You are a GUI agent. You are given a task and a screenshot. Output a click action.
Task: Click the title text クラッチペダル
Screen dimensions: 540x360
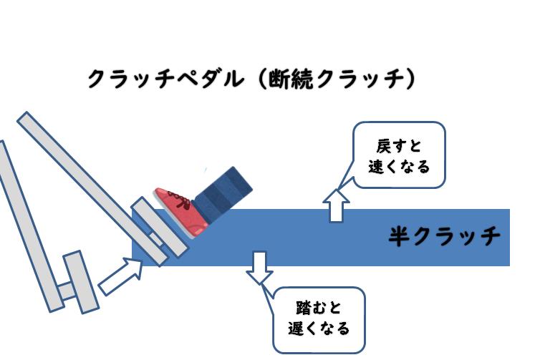click(166, 79)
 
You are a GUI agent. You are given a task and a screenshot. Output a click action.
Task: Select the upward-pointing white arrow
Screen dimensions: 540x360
click(336, 205)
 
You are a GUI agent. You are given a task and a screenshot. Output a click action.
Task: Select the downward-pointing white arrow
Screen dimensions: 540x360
click(260, 268)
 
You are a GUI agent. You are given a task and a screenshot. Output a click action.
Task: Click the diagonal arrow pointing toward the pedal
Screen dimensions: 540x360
click(121, 276)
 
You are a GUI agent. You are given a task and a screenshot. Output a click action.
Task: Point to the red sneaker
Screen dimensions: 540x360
click(181, 211)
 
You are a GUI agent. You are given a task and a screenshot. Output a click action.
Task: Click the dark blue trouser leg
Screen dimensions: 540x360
click(223, 194)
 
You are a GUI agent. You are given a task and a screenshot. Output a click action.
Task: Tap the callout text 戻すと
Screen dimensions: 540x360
click(399, 146)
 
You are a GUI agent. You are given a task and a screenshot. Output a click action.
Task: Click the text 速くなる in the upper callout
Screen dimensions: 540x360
click(399, 167)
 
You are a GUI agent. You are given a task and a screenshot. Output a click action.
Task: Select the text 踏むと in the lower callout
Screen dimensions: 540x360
click(319, 307)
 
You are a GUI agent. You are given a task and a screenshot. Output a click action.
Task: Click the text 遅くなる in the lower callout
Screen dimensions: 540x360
click(319, 329)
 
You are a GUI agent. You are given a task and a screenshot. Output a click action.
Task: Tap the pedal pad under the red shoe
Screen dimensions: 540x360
click(160, 227)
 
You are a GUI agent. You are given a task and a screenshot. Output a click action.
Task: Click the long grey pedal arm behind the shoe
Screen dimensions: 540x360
click(92, 189)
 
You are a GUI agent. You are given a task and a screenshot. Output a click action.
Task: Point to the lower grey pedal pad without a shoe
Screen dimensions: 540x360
click(81, 282)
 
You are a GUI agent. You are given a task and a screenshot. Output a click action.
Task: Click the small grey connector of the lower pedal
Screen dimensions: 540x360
click(66, 291)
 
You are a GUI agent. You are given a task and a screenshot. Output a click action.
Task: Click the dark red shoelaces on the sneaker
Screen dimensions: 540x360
click(180, 200)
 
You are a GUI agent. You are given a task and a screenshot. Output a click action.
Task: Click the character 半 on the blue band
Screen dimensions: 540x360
click(400, 236)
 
